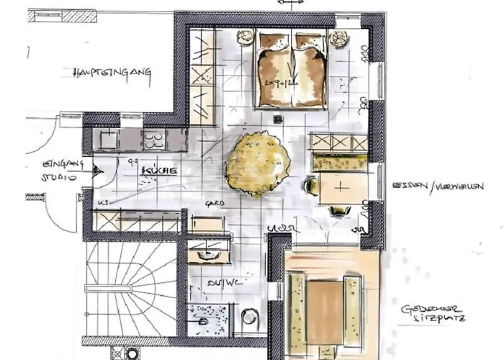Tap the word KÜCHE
pos(159,170)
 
